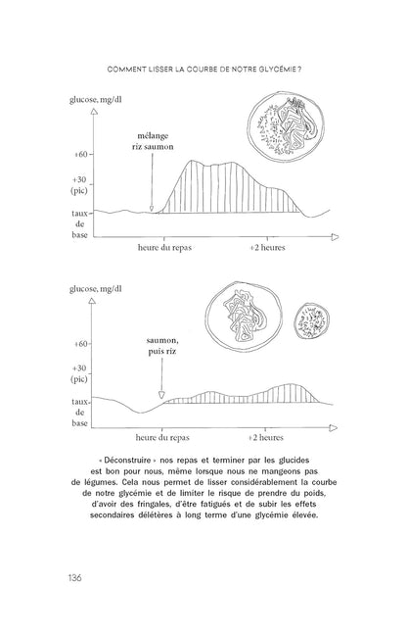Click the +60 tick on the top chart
pos(81,155)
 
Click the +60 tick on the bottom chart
pos(81,345)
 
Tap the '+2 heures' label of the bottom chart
pos(265,438)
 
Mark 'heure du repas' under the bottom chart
pos(163,438)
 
